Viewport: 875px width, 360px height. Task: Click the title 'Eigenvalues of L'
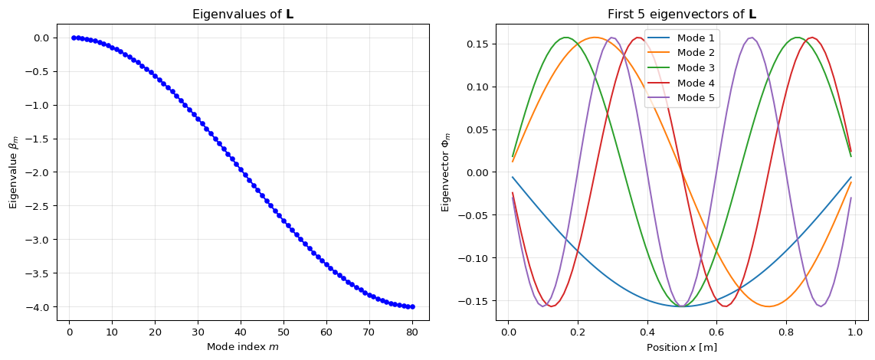point(242,15)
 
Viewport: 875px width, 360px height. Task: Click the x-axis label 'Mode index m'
point(242,347)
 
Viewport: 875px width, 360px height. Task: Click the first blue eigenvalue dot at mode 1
point(74,38)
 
